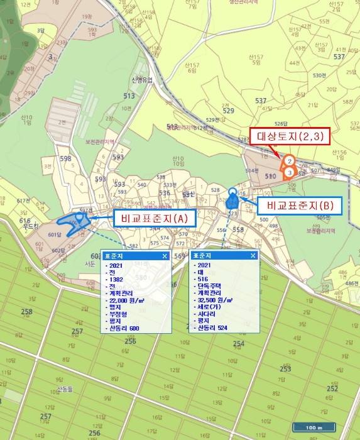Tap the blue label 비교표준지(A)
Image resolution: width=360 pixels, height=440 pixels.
[155, 218]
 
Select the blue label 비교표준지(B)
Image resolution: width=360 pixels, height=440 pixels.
[300, 206]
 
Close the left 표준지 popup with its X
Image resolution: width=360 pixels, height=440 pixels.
[165, 256]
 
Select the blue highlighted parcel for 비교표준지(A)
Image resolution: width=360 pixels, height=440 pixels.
[72, 224]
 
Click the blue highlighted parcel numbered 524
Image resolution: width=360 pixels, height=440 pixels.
[232, 201]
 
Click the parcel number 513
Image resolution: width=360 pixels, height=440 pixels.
[129, 96]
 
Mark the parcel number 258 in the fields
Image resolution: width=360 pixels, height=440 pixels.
[27, 312]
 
